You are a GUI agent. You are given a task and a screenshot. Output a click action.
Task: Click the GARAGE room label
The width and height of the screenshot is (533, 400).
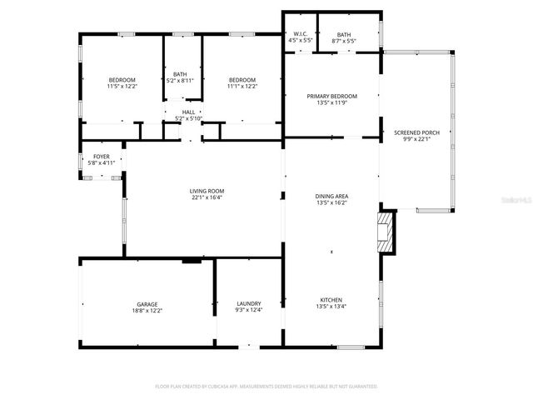coord(147,304)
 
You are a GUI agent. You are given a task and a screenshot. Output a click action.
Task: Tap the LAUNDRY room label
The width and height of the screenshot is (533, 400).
coord(249,303)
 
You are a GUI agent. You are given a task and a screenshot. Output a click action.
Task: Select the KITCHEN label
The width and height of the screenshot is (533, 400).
coord(331,300)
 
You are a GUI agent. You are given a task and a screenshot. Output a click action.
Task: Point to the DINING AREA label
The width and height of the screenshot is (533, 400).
coord(331,196)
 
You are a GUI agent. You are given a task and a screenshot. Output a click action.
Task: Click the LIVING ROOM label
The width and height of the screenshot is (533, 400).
coord(207,191)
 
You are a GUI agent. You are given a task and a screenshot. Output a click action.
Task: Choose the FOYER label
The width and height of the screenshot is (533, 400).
coord(101,157)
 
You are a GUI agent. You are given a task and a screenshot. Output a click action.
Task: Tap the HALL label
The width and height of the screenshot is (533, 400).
coord(188,112)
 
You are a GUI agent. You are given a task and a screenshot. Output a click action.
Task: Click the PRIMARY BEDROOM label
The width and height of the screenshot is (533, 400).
coord(332,97)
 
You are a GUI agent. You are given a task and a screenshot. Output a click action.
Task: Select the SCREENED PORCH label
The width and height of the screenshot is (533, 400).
coord(416,132)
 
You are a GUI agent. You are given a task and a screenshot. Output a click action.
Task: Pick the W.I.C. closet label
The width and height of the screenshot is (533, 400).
coord(300,34)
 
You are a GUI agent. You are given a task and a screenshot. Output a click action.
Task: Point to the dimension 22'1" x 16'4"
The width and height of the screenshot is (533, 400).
coord(207,197)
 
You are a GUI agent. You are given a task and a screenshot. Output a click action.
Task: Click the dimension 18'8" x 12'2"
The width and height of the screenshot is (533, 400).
coord(147,311)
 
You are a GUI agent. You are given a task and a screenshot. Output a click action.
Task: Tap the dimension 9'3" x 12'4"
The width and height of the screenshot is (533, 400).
coord(249,310)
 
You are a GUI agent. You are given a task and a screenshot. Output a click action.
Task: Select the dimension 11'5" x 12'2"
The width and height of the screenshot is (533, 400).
coord(122,86)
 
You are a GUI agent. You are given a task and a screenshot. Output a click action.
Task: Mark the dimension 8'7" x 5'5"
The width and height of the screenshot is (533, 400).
coord(344,40)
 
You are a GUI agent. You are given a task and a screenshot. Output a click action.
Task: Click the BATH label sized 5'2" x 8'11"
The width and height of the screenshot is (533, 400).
coord(180,74)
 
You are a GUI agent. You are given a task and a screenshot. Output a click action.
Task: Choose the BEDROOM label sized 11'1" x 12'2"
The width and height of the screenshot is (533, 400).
coord(242,79)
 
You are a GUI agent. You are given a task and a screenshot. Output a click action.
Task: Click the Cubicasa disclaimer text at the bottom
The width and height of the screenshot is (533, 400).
coord(266,387)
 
